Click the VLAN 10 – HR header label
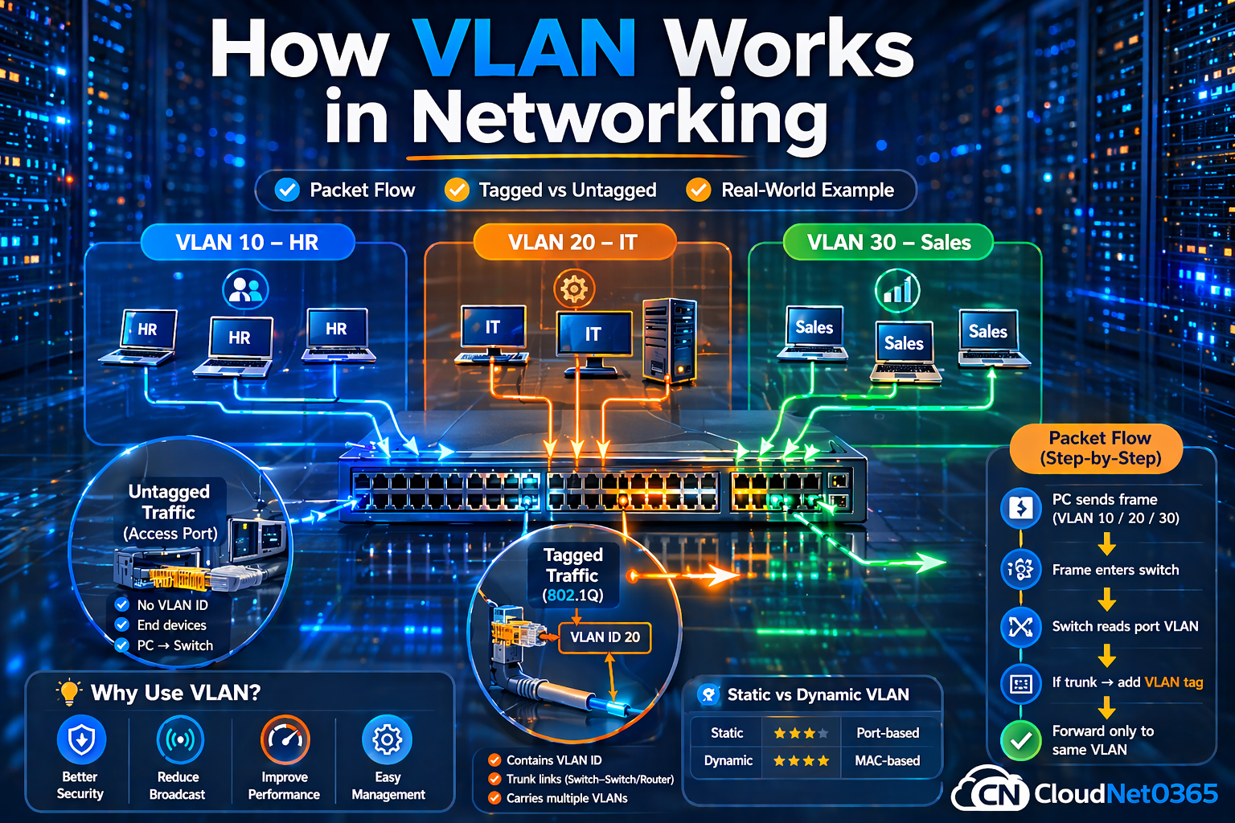(x=248, y=242)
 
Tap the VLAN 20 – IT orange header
(x=573, y=242)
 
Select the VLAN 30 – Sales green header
(x=888, y=242)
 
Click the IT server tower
(x=669, y=339)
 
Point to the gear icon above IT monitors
(x=574, y=289)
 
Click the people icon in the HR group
(x=245, y=289)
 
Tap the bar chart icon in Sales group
(x=897, y=291)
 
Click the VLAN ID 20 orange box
(x=605, y=637)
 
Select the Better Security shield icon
(x=81, y=739)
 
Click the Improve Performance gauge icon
(x=285, y=739)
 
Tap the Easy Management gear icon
(x=388, y=739)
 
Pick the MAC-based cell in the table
(x=888, y=760)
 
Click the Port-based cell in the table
(x=888, y=733)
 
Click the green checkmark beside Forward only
(x=1021, y=740)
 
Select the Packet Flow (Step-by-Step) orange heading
(x=1099, y=448)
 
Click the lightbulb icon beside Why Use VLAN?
(x=69, y=692)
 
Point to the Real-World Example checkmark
(x=698, y=190)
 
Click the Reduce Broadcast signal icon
(x=179, y=739)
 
